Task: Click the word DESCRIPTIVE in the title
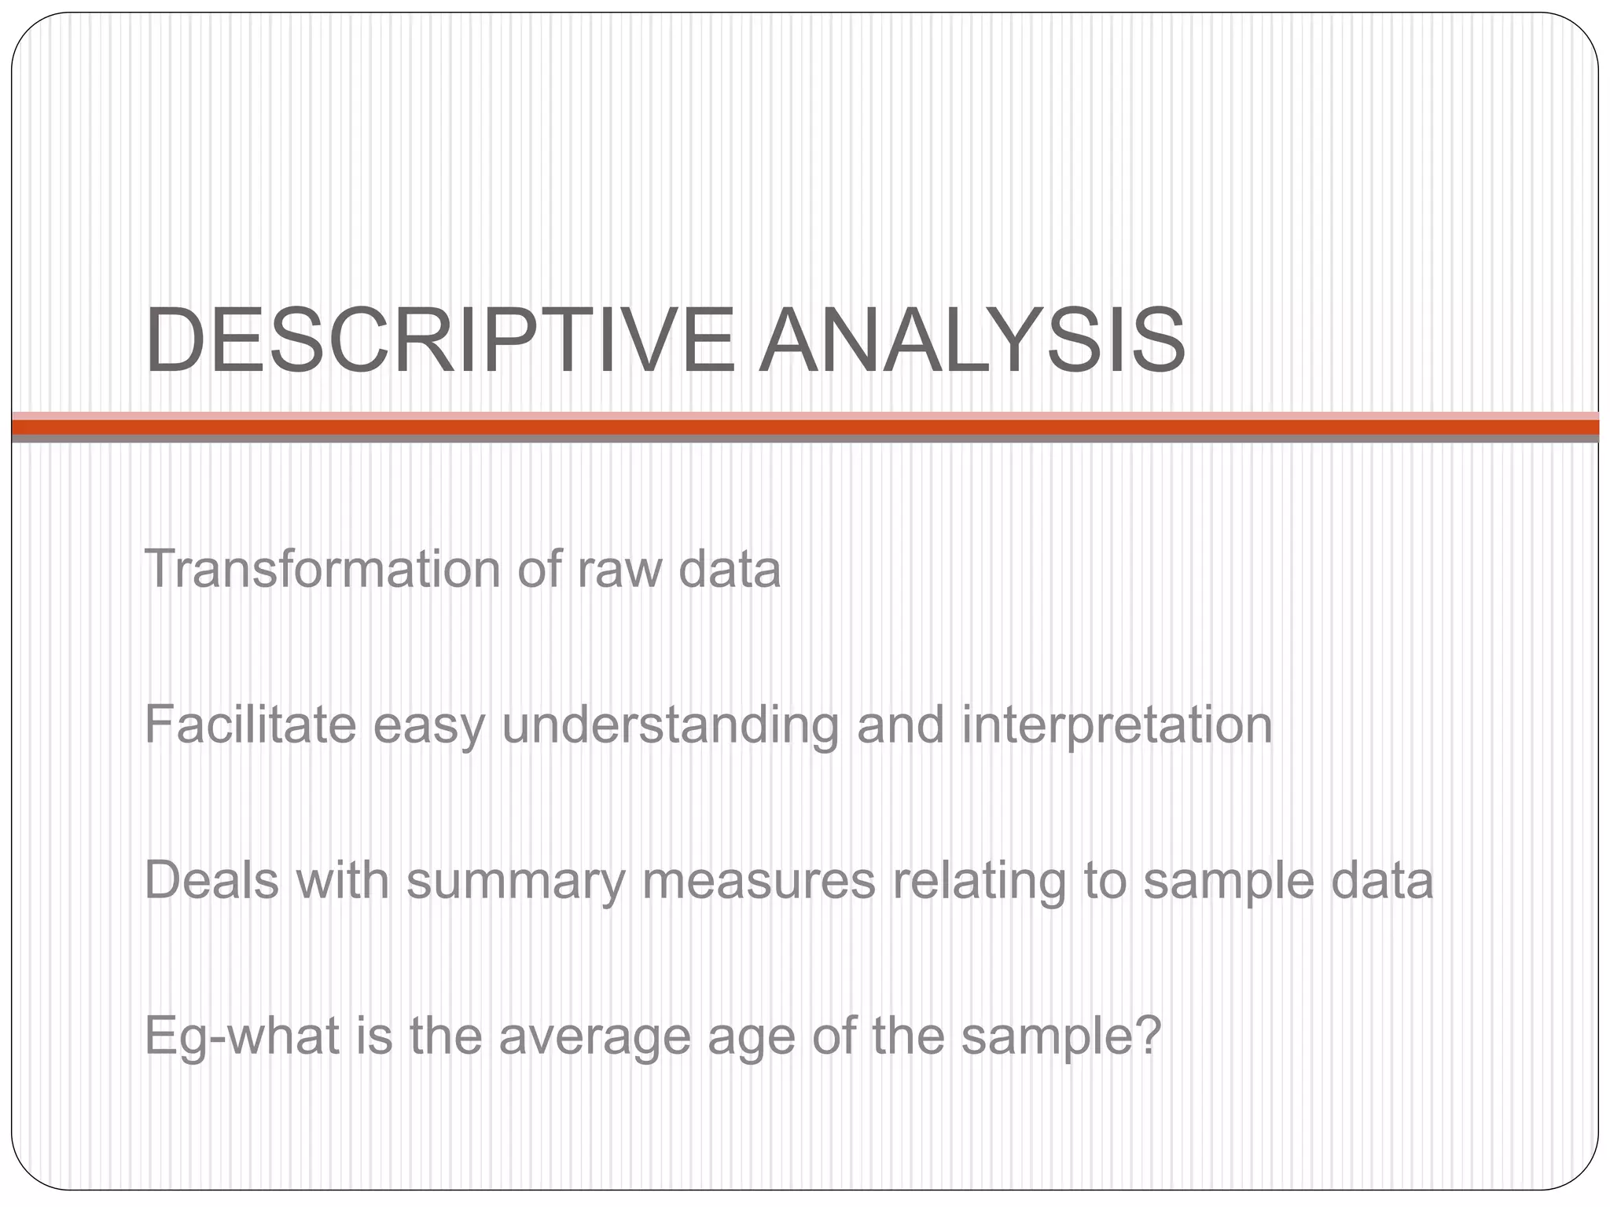click(x=439, y=342)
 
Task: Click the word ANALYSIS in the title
click(x=972, y=342)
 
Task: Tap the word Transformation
click(x=322, y=569)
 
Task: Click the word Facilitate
click(x=250, y=725)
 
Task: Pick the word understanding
click(x=670, y=726)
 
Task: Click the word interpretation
click(x=1116, y=726)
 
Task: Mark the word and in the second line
click(x=900, y=725)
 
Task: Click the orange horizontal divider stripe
click(x=805, y=427)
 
